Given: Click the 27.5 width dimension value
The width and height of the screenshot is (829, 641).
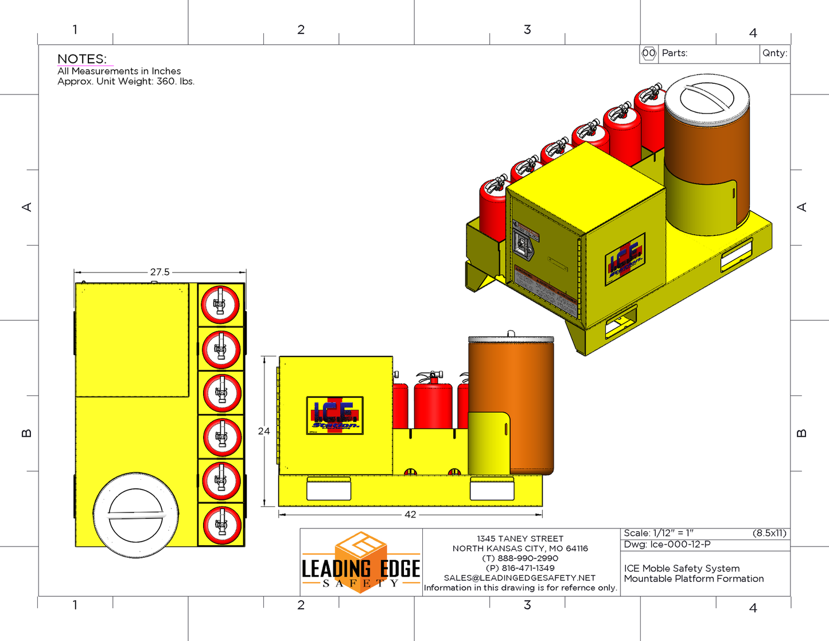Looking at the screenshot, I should pos(159,272).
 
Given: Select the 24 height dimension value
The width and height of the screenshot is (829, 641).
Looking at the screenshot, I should pos(263,431).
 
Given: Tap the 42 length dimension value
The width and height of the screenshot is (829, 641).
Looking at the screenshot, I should pos(410,515).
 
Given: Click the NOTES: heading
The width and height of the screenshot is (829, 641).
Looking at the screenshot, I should pos(82,59).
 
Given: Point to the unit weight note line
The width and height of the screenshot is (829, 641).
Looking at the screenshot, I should pos(126,81).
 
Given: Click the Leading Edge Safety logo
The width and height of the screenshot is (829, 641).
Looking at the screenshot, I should pos(361,562).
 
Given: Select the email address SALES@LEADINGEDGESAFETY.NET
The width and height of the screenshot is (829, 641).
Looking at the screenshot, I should pos(520,578).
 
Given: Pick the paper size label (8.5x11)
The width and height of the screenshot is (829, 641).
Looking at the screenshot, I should pos(769,533).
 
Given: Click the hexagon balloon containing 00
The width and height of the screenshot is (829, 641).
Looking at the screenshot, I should pos(648,53).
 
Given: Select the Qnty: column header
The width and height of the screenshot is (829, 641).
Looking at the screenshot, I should pos(774,53).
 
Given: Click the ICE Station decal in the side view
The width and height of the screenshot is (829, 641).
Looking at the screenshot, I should pos(335,415).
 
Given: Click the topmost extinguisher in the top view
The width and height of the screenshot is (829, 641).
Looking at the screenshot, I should pos(221,305).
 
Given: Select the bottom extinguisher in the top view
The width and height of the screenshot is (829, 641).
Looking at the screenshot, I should pos(221,525).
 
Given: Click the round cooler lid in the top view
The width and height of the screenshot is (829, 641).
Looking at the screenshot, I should pos(136,515).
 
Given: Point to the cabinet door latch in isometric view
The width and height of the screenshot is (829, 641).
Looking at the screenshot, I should pos(523,246).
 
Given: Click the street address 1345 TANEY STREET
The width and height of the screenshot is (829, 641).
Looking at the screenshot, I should pos(520,538).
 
